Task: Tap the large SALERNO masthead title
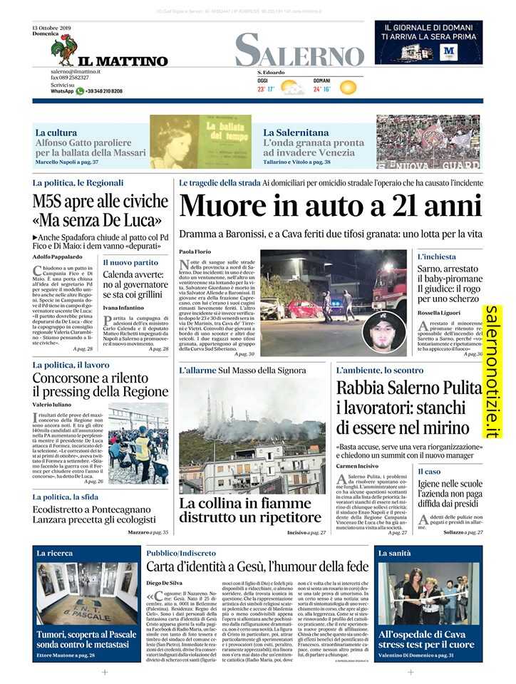pyautogui.click(x=299, y=51)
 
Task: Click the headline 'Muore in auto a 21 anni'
pyautogui.click(x=331, y=207)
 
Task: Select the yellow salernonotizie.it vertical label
pyautogui.click(x=493, y=370)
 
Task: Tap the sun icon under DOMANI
pyautogui.click(x=347, y=88)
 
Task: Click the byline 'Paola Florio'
pyautogui.click(x=192, y=252)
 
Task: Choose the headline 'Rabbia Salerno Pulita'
pyautogui.click(x=408, y=388)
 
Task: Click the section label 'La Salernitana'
pyautogui.click(x=296, y=133)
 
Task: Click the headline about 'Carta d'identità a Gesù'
pyautogui.click(x=257, y=566)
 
